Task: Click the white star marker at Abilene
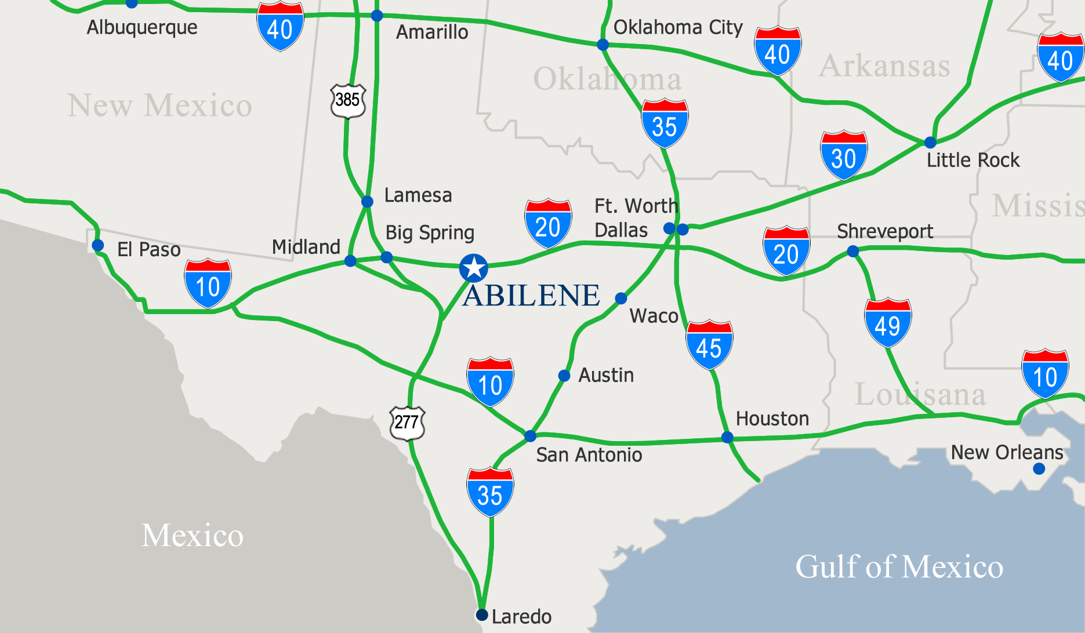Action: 474,268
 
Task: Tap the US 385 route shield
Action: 347,100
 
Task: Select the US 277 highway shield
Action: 407,422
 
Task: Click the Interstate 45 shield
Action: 709,345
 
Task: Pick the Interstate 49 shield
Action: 888,323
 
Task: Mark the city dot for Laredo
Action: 481,614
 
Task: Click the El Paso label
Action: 149,249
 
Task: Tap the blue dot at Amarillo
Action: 377,16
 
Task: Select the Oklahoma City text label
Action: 678,27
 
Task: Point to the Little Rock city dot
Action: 930,143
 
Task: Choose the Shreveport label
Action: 885,231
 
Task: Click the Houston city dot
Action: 727,437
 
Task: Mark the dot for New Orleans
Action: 1039,468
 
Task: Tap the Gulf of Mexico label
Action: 899,566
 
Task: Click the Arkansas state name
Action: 884,66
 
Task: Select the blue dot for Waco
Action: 621,299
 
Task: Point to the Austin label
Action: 606,375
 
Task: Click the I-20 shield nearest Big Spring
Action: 548,224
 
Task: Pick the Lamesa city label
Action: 418,195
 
